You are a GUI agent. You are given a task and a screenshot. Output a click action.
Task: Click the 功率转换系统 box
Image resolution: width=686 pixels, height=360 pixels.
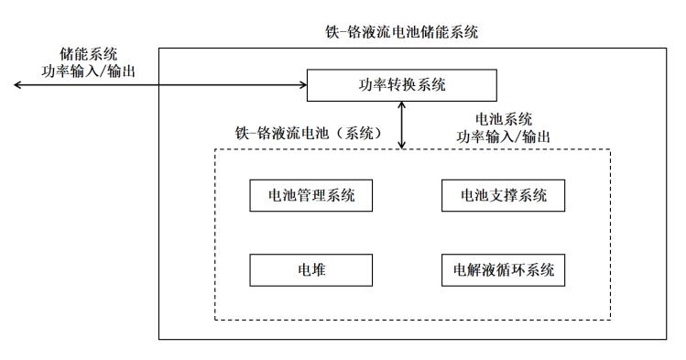click(x=401, y=86)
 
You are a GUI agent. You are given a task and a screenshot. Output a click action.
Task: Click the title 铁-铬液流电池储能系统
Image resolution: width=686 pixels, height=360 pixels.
click(x=402, y=33)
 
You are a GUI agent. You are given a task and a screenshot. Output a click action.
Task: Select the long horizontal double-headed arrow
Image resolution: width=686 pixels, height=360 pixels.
click(x=160, y=86)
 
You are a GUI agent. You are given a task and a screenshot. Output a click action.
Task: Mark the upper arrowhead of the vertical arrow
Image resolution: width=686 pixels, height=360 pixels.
click(x=402, y=105)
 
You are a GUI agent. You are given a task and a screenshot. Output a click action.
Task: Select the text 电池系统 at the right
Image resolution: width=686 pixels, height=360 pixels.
click(x=503, y=119)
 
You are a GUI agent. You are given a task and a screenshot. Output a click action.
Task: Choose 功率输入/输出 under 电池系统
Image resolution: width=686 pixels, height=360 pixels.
click(x=503, y=136)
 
